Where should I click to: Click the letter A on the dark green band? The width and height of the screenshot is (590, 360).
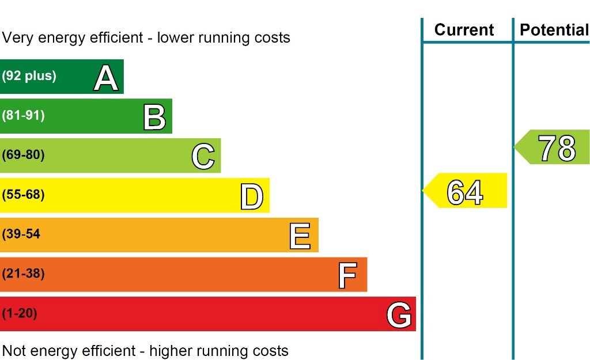tap(106, 78)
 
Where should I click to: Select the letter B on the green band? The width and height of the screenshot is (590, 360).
tap(154, 117)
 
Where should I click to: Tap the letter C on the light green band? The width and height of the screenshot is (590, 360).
tap(203, 157)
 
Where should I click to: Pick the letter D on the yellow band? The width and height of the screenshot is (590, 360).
tap(252, 196)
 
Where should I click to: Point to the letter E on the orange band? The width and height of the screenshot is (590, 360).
tap(300, 236)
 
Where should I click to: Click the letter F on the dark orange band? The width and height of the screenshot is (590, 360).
tap(348, 275)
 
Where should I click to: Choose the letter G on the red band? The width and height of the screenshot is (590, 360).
tap(399, 315)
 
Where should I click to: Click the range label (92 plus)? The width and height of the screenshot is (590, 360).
tap(29, 75)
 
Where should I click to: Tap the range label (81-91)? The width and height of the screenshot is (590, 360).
tap(23, 115)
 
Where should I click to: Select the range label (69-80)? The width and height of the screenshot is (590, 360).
tap(23, 155)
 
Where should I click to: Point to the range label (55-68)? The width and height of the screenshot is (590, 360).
tap(23, 195)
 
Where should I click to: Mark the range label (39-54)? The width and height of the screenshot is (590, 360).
tap(21, 234)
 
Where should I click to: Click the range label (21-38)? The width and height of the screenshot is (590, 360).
tap(23, 274)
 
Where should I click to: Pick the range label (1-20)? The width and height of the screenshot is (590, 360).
tap(20, 314)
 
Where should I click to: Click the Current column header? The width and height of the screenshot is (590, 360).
tap(464, 30)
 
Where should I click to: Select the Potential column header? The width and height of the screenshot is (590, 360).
tap(554, 30)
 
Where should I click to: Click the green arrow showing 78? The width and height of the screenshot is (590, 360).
tap(553, 147)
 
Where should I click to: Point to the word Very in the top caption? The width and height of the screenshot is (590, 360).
tap(17, 38)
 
